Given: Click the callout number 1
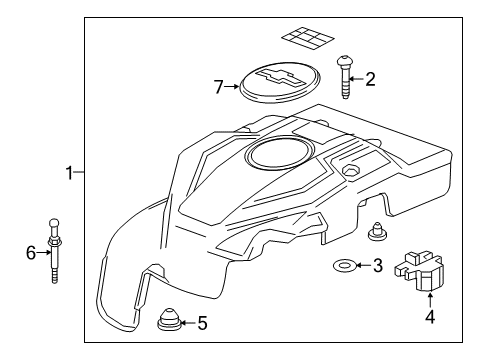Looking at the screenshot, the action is click(69, 173).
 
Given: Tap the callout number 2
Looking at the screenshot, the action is click(370, 79).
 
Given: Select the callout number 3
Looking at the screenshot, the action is click(377, 265).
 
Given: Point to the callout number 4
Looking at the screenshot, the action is click(430, 317).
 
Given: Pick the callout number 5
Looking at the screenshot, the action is click(202, 323).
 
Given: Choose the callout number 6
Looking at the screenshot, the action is click(31, 252).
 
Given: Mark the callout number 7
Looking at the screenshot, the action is click(218, 87).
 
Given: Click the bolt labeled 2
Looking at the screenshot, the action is click(344, 77).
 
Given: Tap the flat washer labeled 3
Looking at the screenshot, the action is click(345, 266).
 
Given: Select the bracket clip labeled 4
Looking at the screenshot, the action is click(419, 271).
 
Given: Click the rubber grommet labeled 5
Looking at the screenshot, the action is click(169, 320).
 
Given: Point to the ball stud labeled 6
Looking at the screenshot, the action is click(54, 251).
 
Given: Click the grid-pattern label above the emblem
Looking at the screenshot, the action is click(308, 38).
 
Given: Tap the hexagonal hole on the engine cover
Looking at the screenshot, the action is click(350, 170).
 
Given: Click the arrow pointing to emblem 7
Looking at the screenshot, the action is click(231, 87).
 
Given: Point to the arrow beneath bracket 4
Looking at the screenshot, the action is click(430, 299).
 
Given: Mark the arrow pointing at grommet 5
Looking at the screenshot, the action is click(188, 323).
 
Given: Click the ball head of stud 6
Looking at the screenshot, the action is click(54, 223).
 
